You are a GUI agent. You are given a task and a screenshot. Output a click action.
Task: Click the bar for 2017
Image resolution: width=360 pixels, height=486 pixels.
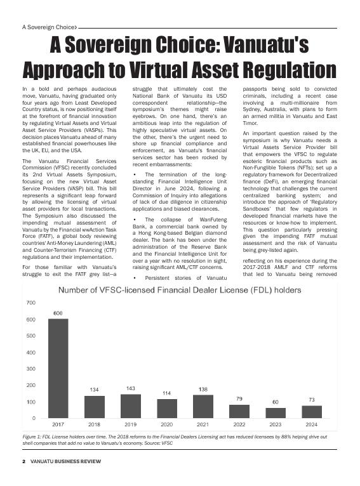[x=58, y=368]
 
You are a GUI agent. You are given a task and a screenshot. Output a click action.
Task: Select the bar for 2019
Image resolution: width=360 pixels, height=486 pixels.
[x=131, y=406]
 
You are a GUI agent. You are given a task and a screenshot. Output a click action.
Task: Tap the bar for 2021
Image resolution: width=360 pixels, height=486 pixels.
[x=203, y=407]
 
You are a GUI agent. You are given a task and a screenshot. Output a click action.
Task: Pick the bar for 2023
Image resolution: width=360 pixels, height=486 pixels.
[x=276, y=413]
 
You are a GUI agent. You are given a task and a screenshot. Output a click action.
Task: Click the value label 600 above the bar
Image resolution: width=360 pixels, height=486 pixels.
[x=58, y=313]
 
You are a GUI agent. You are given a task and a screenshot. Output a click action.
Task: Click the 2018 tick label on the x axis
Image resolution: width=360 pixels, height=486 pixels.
[x=94, y=424]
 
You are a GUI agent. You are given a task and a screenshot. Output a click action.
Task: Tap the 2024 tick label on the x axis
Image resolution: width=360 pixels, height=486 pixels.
[x=312, y=424]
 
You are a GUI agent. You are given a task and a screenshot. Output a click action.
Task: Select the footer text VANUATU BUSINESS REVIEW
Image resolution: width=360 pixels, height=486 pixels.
[x=65, y=461]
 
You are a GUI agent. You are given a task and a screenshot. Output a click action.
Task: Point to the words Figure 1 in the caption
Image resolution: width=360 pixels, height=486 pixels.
[x=32, y=438]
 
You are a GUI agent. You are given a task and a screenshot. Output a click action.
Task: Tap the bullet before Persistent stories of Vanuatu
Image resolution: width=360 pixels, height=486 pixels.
[x=135, y=278]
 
